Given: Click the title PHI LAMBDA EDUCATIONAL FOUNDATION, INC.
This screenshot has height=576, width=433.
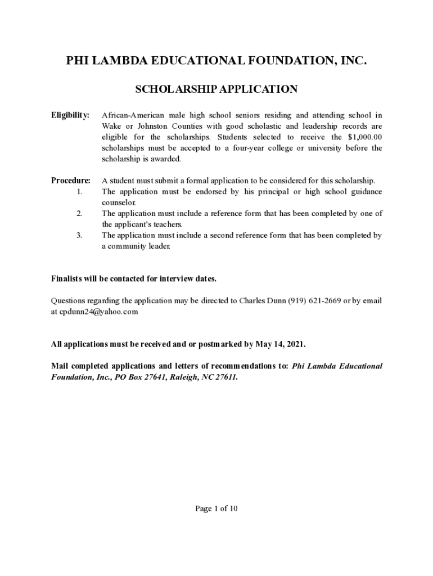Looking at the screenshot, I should click(216, 61).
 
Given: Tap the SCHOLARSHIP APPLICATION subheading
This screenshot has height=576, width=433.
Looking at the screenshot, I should click(216, 89).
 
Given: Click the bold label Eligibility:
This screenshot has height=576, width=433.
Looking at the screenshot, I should click(70, 115).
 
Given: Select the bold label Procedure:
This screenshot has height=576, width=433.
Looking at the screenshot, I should click(71, 181).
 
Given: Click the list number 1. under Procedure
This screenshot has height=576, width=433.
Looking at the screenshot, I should click(79, 192).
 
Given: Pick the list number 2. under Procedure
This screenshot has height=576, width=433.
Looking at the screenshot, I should click(79, 214).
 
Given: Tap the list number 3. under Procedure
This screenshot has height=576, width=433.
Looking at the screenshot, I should click(79, 236).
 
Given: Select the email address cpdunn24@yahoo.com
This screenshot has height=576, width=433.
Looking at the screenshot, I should click(99, 312).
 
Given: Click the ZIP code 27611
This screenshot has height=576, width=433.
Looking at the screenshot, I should click(225, 377).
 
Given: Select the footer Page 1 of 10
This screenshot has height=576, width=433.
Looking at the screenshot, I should click(216, 508).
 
